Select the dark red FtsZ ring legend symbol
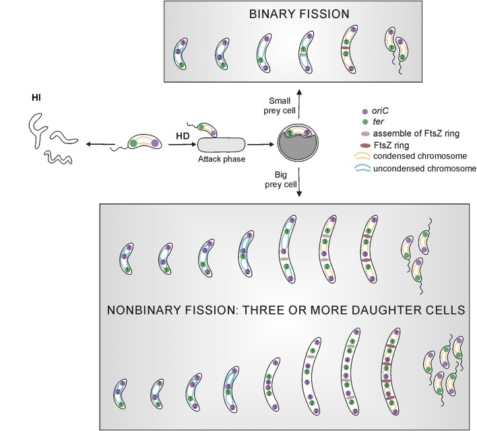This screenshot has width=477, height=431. [365, 144]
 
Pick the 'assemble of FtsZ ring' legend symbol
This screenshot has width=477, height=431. [365, 133]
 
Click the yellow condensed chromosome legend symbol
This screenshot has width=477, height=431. [365, 156]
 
